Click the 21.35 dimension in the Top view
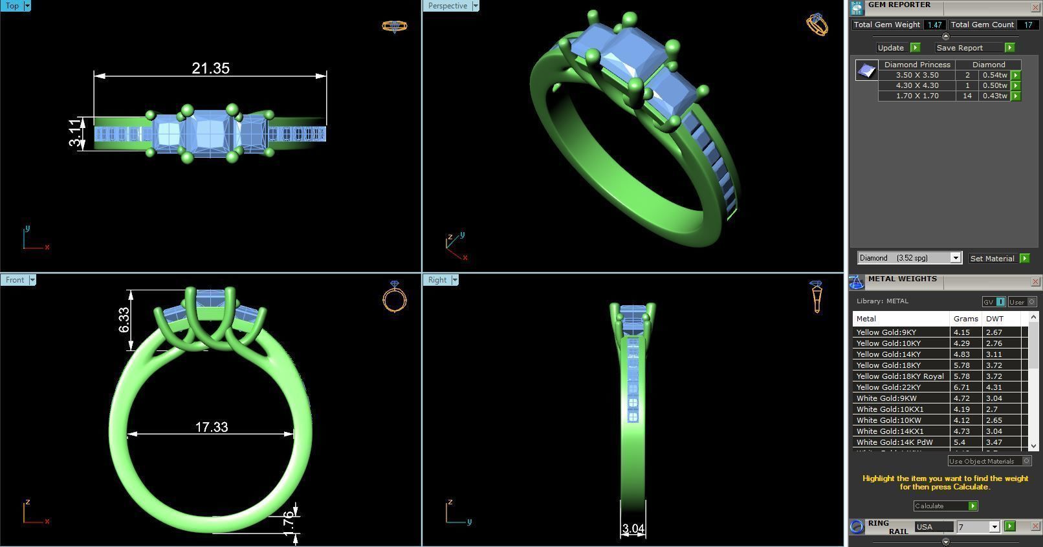pos(210,69)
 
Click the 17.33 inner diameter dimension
pos(212,427)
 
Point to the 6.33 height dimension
pos(124,319)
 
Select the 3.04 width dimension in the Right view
pos(633,529)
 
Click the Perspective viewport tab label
pos(447,6)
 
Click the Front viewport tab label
pos(15,280)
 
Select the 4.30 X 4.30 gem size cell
pos(916,85)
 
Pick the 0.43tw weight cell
pos(994,96)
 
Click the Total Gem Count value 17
pos(1027,25)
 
